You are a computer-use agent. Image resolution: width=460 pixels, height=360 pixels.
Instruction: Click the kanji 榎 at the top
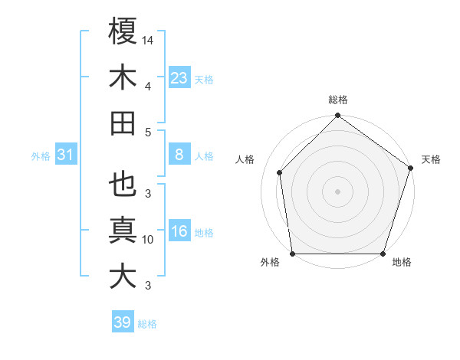pyautogui.click(x=123, y=31)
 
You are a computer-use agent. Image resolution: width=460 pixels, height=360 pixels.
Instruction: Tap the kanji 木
pyautogui.click(x=123, y=77)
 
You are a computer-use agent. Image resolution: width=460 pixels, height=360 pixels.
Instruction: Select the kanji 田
pyautogui.click(x=123, y=123)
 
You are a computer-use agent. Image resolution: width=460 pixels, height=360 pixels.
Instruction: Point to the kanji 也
pyautogui.click(x=123, y=185)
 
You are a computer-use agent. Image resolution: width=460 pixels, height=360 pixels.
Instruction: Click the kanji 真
pyautogui.click(x=123, y=231)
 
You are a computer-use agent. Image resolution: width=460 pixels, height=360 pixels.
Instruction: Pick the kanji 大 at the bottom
pyautogui.click(x=123, y=277)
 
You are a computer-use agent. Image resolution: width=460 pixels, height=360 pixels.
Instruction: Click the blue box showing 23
pyautogui.click(x=179, y=77)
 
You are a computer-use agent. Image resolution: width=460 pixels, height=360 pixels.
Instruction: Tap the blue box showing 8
pyautogui.click(x=179, y=155)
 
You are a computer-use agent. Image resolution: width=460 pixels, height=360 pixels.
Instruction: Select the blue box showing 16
pyautogui.click(x=179, y=231)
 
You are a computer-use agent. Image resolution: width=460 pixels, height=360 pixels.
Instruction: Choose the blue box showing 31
pyautogui.click(x=66, y=155)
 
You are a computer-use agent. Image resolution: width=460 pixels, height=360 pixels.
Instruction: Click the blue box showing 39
pyautogui.click(x=123, y=322)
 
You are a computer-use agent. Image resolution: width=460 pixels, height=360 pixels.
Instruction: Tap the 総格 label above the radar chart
pyautogui.click(x=338, y=100)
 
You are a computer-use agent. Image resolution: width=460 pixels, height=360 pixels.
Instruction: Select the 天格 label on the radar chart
pyautogui.click(x=431, y=160)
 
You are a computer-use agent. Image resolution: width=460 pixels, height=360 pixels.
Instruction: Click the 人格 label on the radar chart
pyautogui.click(x=245, y=160)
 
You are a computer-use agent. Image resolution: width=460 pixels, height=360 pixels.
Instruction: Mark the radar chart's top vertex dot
pyautogui.click(x=338, y=116)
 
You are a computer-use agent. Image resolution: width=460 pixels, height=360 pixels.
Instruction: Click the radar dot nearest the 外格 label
pyautogui.click(x=293, y=254)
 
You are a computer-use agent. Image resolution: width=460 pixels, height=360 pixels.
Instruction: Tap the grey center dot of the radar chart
pyautogui.click(x=338, y=191)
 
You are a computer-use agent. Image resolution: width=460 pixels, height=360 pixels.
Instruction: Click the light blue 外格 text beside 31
pyautogui.click(x=41, y=156)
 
